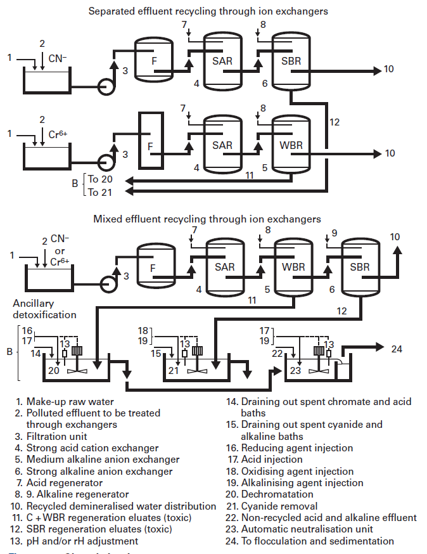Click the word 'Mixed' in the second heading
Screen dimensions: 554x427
(108, 219)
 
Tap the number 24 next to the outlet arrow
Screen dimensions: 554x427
(396, 349)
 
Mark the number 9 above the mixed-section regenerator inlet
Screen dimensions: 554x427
(335, 233)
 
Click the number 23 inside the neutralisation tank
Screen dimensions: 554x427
(295, 371)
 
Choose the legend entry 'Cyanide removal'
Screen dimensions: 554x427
(279, 506)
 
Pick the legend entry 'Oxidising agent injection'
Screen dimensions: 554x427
(296, 472)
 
